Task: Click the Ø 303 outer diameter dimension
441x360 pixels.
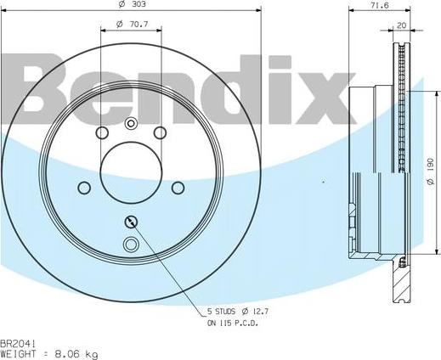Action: click(x=130, y=5)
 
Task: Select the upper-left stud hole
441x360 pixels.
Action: click(x=102, y=133)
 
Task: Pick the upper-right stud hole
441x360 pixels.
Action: click(x=159, y=133)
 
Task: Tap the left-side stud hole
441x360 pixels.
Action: click(x=83, y=188)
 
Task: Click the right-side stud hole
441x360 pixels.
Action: click(x=178, y=188)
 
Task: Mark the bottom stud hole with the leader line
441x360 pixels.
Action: click(x=130, y=222)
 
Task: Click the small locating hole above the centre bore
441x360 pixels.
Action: click(x=130, y=123)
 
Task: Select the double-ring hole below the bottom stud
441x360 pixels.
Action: click(x=130, y=246)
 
